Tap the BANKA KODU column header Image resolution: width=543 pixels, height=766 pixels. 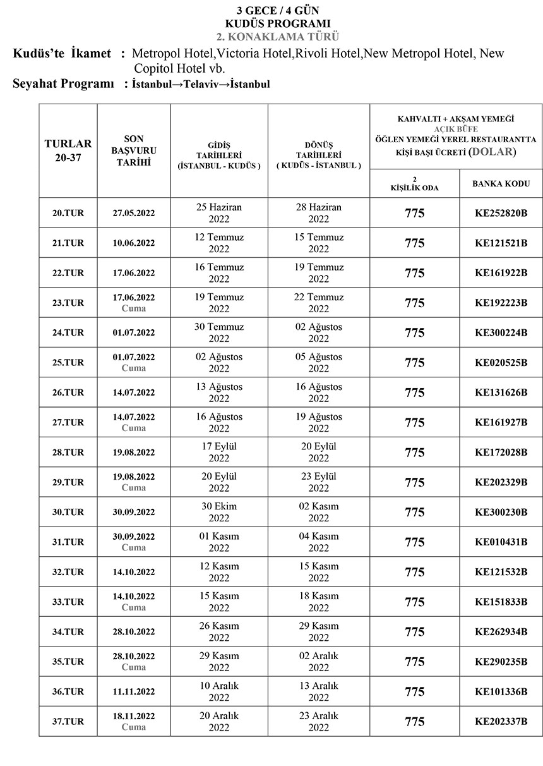click(501, 184)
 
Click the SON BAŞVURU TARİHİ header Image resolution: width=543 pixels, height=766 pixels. click(133, 150)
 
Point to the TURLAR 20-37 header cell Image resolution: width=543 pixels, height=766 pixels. click(68, 150)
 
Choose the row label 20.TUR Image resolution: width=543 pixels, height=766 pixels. click(68, 213)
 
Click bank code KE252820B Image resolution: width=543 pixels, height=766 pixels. click(501, 213)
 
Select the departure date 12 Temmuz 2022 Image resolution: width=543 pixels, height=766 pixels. click(219, 243)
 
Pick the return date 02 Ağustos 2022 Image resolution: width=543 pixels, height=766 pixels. click(319, 332)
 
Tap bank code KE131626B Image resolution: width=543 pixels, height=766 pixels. click(501, 392)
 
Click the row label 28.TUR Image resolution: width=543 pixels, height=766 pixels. click(68, 453)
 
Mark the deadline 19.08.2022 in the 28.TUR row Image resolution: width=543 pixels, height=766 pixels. click(133, 453)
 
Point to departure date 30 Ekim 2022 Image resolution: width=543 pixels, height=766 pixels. click(219, 512)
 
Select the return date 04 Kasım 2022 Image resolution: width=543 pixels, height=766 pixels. click(319, 542)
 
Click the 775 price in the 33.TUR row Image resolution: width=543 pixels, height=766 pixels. click(414, 602)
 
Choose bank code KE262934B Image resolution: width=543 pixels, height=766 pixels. click(501, 631)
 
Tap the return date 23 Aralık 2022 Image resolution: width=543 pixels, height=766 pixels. click(319, 721)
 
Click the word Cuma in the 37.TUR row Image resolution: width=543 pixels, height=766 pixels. click(133, 727)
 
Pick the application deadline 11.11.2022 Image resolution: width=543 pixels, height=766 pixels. click(133, 691)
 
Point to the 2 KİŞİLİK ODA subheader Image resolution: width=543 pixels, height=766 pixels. click(414, 184)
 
